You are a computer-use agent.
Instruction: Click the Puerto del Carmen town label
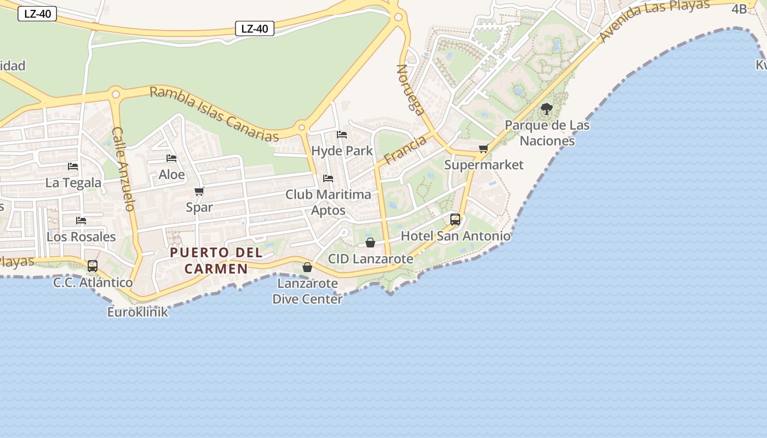[x=216, y=261]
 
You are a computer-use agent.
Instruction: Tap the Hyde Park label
[x=342, y=151]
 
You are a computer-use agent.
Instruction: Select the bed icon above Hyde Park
[x=342, y=135]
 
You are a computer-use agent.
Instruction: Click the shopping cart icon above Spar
[x=199, y=192]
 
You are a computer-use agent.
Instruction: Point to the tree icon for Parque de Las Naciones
[x=546, y=109]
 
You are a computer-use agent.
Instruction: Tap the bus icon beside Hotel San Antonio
[x=455, y=220]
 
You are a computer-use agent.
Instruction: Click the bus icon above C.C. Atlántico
[x=93, y=266]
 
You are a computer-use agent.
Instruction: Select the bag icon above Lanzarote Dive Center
[x=307, y=267]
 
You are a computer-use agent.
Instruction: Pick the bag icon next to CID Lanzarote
[x=370, y=243]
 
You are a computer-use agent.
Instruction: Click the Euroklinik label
[x=138, y=312]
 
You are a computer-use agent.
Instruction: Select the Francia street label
[x=405, y=150]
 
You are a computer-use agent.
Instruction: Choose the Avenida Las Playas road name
[x=654, y=21]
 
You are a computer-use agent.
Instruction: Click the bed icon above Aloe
[x=171, y=159]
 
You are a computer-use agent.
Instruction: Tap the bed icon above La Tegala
[x=73, y=166]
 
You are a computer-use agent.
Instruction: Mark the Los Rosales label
[x=81, y=237]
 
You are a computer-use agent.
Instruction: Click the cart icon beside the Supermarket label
[x=483, y=149]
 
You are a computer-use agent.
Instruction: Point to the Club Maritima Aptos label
[x=328, y=202]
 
